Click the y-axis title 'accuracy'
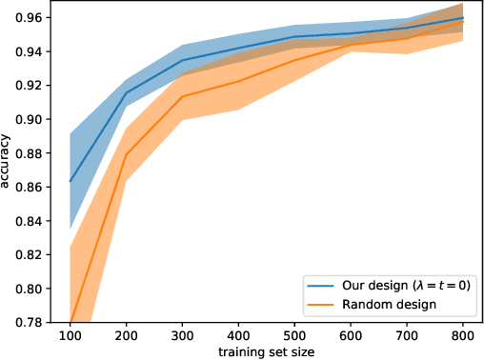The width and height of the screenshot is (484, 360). click(x=8, y=162)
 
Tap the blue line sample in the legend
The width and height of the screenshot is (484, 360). click(x=320, y=286)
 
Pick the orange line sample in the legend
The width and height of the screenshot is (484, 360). click(x=320, y=303)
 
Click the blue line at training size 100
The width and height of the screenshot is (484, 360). click(x=71, y=181)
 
